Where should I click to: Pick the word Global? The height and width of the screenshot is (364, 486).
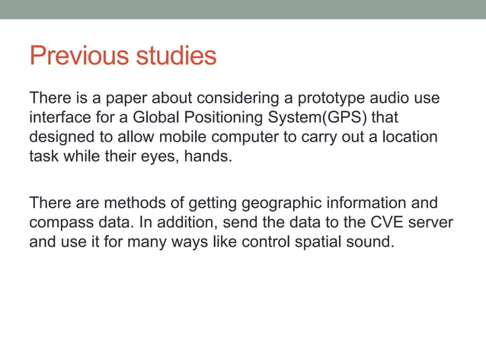(x=158, y=118)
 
